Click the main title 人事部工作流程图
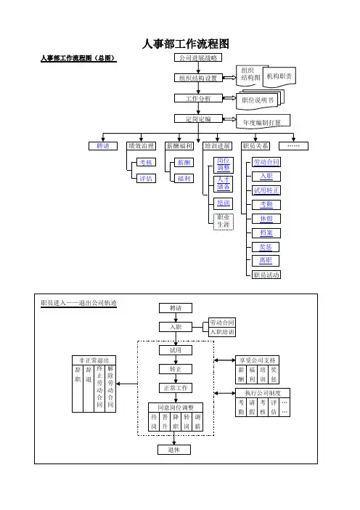coord(186,44)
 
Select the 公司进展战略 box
coord(198,58)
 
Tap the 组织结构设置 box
coord(198,78)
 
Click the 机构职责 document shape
coord(279,77)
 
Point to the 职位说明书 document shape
coord(260,100)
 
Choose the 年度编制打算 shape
coord(263,121)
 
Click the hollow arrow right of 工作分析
coord(229,98)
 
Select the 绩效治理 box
coord(141,146)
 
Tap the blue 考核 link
coord(146,162)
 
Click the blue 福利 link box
coord(184,179)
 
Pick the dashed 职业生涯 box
coord(224,221)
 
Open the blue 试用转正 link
coord(266,190)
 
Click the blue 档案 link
coord(266,233)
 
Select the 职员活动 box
coord(266,275)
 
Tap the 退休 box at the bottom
coord(174,450)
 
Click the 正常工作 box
coord(176,388)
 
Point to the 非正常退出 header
coord(94,360)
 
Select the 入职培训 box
coord(222,332)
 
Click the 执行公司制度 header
coord(263,393)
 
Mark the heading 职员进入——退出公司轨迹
coord(78,303)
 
